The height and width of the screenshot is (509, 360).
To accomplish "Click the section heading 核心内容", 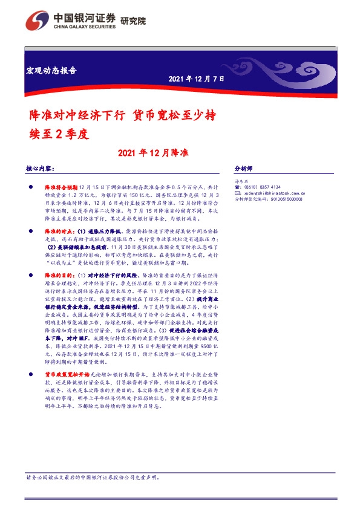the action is (x=41, y=169).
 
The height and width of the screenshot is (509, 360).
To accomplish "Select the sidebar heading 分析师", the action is (x=243, y=169).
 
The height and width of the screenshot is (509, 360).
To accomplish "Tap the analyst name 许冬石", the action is (x=241, y=181).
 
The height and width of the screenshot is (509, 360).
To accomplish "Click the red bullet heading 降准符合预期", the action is (x=59, y=189).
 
